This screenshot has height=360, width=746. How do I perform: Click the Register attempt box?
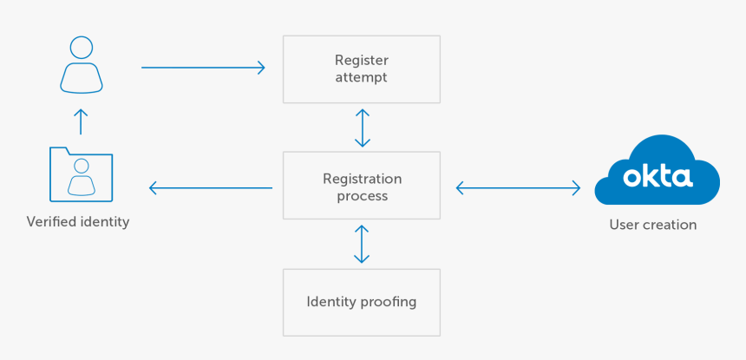pyautogui.click(x=362, y=69)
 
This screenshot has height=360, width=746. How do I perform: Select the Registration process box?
pyautogui.click(x=362, y=187)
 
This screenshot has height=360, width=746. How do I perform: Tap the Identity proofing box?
pyautogui.click(x=362, y=302)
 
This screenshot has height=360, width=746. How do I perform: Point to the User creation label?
pyautogui.click(x=652, y=225)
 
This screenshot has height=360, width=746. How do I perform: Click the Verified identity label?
pyautogui.click(x=78, y=222)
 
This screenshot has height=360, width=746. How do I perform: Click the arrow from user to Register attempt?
pyautogui.click(x=203, y=68)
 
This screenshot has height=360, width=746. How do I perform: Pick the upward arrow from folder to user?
pyautogui.click(x=81, y=121)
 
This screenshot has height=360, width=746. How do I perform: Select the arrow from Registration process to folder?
pyautogui.click(x=211, y=187)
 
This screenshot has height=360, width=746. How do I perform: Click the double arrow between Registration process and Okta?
pyautogui.click(x=518, y=187)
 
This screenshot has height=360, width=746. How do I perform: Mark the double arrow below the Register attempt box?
pyautogui.click(x=363, y=128)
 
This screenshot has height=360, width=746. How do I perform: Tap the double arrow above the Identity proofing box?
pyautogui.click(x=363, y=244)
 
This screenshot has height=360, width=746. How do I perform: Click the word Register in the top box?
pyautogui.click(x=362, y=61)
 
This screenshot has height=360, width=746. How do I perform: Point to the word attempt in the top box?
pyautogui.click(x=362, y=77)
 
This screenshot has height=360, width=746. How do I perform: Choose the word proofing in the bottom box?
pyautogui.click(x=389, y=302)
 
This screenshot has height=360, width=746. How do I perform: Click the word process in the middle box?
pyautogui.click(x=362, y=196)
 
